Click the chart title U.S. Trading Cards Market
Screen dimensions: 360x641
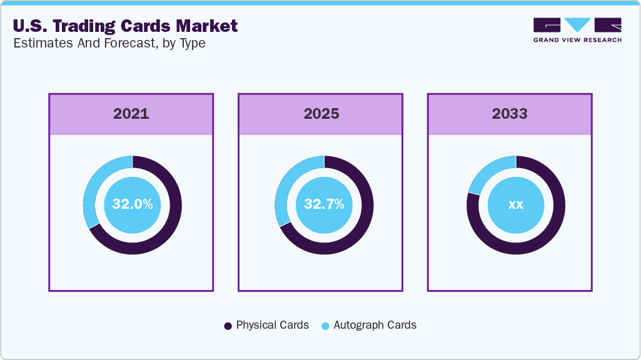[125, 26]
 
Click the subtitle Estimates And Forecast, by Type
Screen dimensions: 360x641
[109, 43]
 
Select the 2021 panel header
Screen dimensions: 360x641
[131, 114]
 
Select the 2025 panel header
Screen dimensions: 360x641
[321, 114]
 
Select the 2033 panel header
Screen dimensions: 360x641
[510, 114]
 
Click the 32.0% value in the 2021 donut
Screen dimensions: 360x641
[132, 204]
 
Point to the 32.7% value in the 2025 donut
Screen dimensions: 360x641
[324, 204]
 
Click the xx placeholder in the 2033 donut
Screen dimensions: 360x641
[515, 204]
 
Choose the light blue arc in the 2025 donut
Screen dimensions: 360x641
[283, 187]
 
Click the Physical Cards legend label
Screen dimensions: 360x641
[272, 325]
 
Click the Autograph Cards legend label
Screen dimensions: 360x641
[375, 325]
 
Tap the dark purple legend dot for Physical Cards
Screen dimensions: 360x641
[228, 326]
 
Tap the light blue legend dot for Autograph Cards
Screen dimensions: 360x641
[325, 326]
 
